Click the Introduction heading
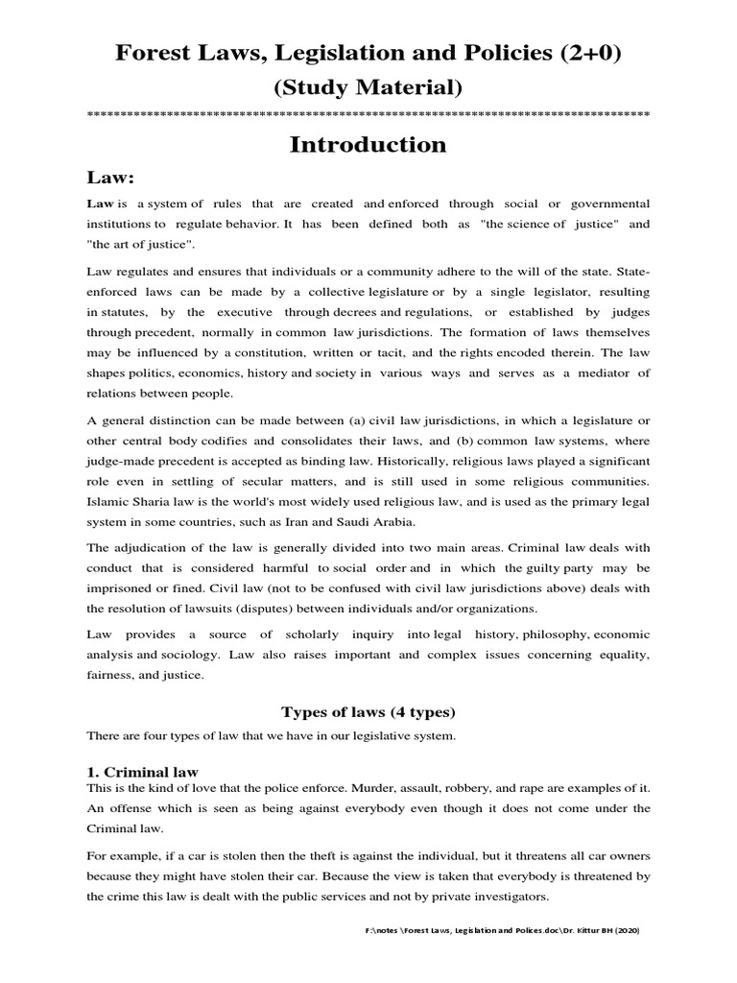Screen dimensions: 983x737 click(368, 145)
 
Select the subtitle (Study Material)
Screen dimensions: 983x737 click(368, 88)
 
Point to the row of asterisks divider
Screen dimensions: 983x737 click(368, 115)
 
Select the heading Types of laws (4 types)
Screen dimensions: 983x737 click(368, 711)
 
